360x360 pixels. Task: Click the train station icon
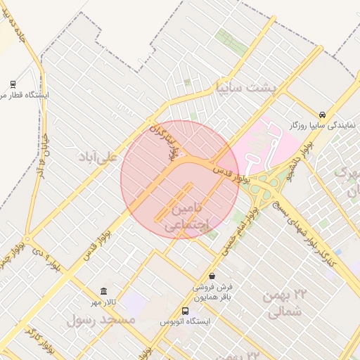pyautogui.click(x=14, y=83)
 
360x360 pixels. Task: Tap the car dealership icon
pyautogui.click(x=322, y=114)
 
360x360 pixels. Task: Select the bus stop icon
pyautogui.click(x=185, y=311)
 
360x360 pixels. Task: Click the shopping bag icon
pyautogui.click(x=212, y=276)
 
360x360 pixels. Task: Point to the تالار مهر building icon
pyautogui.click(x=104, y=291)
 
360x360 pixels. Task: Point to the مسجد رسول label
pyautogui.click(x=101, y=319)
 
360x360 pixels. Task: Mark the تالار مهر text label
pyautogui.click(x=101, y=302)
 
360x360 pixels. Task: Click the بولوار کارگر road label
pyautogui.click(x=39, y=337)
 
